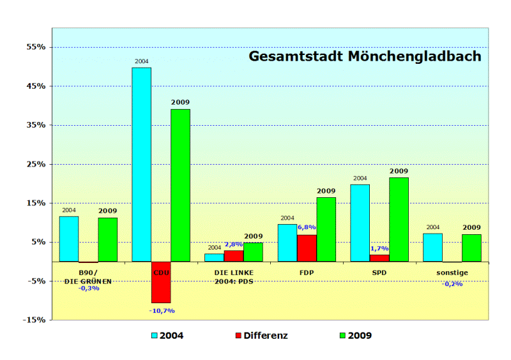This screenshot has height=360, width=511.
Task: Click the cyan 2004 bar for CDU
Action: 141,164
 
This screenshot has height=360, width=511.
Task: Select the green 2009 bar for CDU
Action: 180,185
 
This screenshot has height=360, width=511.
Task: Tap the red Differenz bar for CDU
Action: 161,281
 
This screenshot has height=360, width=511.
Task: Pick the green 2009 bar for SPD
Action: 399,219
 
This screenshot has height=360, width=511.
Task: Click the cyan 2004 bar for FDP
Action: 287,243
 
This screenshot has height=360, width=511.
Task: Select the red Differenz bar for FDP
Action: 307,248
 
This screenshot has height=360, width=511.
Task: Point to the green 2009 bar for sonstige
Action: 471,248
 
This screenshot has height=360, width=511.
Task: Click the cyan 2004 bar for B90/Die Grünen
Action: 69,239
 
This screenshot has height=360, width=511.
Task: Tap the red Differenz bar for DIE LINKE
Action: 234,255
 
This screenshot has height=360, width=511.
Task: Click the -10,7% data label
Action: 162,311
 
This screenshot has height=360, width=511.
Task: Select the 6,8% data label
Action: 307,227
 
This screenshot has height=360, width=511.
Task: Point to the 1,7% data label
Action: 379,248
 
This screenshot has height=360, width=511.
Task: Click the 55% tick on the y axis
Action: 36,47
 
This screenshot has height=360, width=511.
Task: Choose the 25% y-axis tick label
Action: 36,164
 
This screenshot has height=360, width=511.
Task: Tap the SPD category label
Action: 379,273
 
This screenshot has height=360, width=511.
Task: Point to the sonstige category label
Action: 452,273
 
